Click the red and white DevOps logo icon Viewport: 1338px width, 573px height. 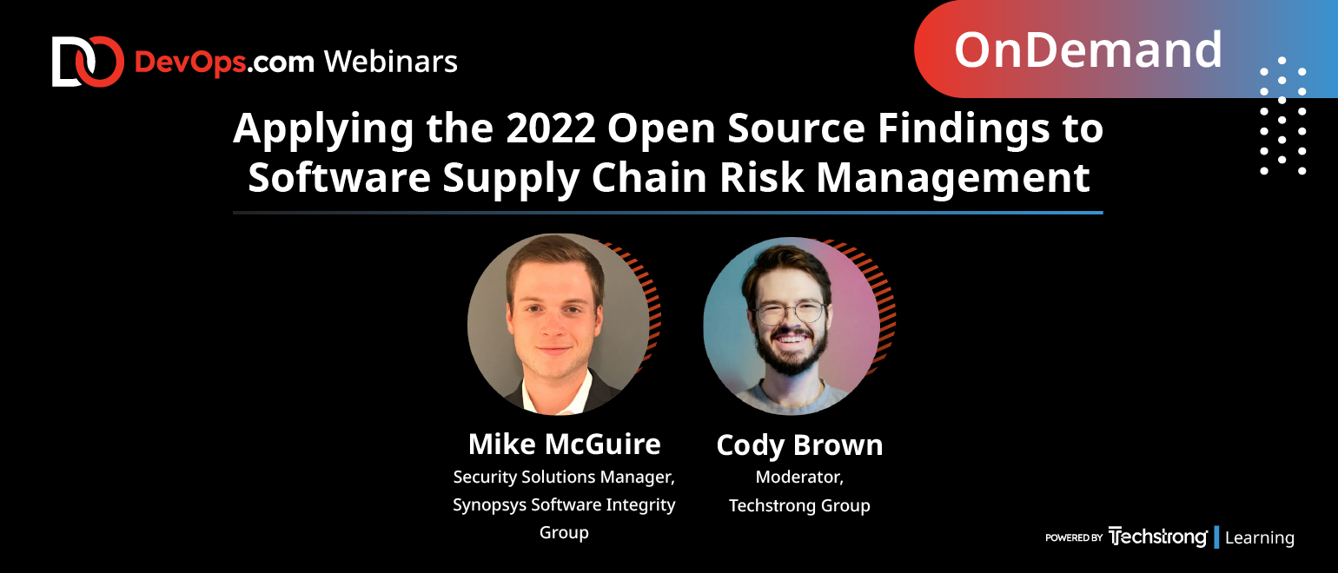pos(88,62)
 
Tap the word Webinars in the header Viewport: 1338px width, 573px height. pos(391,62)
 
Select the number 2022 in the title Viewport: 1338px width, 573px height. pos(551,128)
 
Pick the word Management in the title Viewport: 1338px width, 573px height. pos(953,178)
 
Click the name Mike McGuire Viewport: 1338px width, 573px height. pos(565,445)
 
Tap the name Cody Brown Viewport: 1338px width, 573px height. pos(799,445)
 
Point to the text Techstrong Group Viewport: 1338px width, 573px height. pos(799,505)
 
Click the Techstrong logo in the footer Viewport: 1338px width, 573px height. pos(1157,537)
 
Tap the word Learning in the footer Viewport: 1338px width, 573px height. pos(1260,537)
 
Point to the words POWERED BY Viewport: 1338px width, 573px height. pos(1074,537)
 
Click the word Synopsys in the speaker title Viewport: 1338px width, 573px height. pos(490,505)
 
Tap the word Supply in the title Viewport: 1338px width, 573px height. pos(511,178)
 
